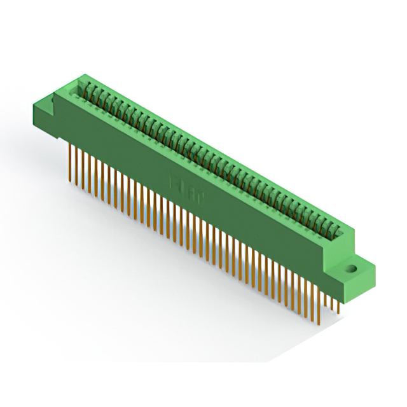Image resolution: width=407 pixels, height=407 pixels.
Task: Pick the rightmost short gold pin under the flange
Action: (x=338, y=305)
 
